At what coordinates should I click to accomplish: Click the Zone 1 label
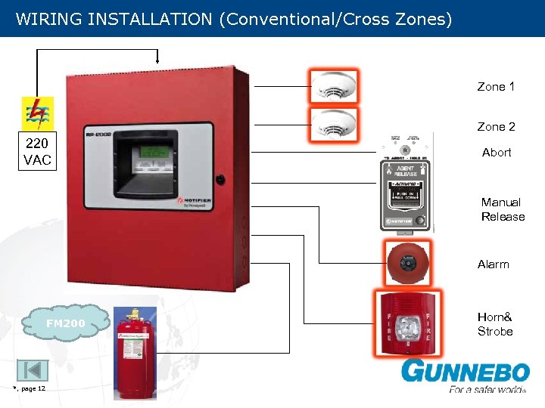pyautogui.click(x=496, y=87)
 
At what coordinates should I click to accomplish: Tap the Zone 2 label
pyautogui.click(x=496, y=127)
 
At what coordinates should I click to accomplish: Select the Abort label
pyautogui.click(x=497, y=153)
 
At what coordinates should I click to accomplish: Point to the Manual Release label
pyautogui.click(x=503, y=209)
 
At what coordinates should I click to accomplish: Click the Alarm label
pyautogui.click(x=494, y=264)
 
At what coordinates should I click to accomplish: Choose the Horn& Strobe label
pyautogui.click(x=495, y=325)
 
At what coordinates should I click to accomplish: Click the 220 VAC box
pyautogui.click(x=37, y=153)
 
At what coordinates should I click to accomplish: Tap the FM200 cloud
pyautogui.click(x=65, y=323)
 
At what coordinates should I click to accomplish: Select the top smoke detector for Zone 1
pyautogui.click(x=333, y=85)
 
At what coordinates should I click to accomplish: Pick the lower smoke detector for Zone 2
pyautogui.click(x=333, y=123)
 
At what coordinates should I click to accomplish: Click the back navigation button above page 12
pyautogui.click(x=32, y=370)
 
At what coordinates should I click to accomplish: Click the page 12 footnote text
pyautogui.click(x=30, y=388)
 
